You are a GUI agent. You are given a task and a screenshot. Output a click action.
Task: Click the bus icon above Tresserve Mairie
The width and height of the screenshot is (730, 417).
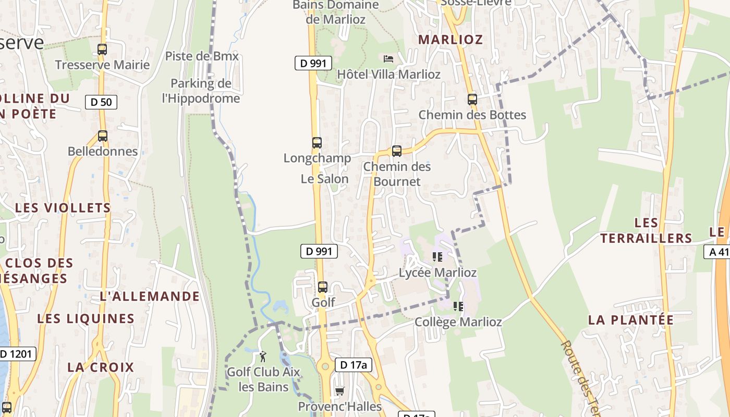click(102, 50)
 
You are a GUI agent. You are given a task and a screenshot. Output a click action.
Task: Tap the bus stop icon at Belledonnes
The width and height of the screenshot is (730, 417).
click(103, 136)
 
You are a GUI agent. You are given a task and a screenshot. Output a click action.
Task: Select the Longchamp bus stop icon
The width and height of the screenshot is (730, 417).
click(317, 142)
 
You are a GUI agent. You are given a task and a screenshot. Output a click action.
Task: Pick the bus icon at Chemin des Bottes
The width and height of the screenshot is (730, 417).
click(472, 99)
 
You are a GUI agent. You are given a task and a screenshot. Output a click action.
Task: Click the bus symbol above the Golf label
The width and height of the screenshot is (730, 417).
click(323, 287)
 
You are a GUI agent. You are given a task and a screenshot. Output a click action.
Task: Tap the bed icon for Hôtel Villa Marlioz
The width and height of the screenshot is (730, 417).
click(388, 58)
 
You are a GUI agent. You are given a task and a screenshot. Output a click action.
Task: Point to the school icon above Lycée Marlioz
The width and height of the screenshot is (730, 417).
click(437, 256)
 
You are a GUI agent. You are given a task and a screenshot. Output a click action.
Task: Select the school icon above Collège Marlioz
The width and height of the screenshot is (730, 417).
click(458, 306)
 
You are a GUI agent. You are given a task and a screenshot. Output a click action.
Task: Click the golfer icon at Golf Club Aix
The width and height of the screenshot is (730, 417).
click(263, 357)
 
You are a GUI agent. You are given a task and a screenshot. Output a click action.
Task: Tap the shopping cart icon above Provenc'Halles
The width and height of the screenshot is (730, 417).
click(339, 391)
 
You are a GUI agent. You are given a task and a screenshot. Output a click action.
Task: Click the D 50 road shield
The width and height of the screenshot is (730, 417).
click(101, 102)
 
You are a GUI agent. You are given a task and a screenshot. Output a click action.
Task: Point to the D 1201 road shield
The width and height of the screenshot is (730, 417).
click(17, 354)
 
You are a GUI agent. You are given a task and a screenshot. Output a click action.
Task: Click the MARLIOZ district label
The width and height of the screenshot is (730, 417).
click(451, 40)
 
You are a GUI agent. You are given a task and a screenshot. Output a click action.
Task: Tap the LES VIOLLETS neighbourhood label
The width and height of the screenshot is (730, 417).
click(63, 207)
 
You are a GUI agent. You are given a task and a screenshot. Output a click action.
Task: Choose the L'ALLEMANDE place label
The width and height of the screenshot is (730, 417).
click(150, 297)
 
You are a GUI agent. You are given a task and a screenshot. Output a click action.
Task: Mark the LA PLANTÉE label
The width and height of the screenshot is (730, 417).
click(631, 320)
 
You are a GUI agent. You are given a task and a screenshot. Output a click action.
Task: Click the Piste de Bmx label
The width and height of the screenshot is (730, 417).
click(202, 56)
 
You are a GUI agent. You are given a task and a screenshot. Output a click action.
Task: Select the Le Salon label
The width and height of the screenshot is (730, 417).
click(324, 179)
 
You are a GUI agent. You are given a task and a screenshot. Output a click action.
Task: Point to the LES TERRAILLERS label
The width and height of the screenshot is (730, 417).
click(646, 231)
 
